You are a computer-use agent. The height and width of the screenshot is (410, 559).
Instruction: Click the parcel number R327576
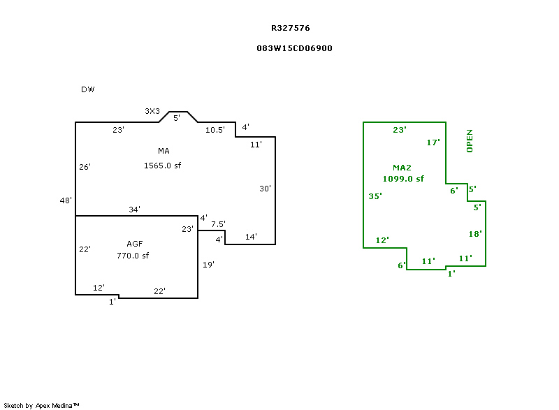pyautogui.click(x=291, y=29)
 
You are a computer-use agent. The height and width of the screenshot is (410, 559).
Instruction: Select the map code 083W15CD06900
pyautogui.click(x=294, y=49)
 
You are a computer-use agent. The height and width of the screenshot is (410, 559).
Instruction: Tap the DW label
pyautogui.click(x=87, y=89)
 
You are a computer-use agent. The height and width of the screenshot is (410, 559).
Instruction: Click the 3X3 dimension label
pyautogui.click(x=152, y=111)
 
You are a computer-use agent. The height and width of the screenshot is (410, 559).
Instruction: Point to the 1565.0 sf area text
pyautogui.click(x=162, y=166)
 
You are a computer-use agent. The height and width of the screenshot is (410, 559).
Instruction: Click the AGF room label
pyautogui.click(x=134, y=244)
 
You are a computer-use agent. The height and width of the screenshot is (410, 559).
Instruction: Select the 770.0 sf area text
pyautogui.click(x=133, y=256)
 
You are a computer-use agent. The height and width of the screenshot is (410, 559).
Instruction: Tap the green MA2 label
pyautogui.click(x=401, y=168)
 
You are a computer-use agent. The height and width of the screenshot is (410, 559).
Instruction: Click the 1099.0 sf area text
pyautogui.click(x=403, y=179)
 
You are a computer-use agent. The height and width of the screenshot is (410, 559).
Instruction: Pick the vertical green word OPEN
pyautogui.click(x=470, y=140)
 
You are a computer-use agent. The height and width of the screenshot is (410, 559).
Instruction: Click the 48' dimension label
pyautogui.click(x=66, y=201)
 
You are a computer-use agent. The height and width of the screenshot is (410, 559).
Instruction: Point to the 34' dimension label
pyautogui.click(x=134, y=210)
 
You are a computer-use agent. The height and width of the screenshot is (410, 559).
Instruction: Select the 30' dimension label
pyautogui.click(x=265, y=189)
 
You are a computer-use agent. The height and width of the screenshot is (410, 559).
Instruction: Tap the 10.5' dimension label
pyautogui.click(x=215, y=130)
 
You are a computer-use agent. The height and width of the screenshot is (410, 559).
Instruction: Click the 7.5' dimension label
pyautogui.click(x=218, y=224)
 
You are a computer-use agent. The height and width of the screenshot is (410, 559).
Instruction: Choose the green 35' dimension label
pyautogui.click(x=375, y=196)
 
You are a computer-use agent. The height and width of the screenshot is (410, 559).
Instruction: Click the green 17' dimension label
pyautogui.click(x=433, y=142)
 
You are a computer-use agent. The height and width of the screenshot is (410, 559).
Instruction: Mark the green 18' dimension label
pyautogui.click(x=475, y=234)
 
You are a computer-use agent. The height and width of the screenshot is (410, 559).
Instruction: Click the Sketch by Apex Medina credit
pyautogui.click(x=41, y=405)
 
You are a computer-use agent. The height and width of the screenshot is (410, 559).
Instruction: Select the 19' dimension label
pyautogui.click(x=208, y=265)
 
